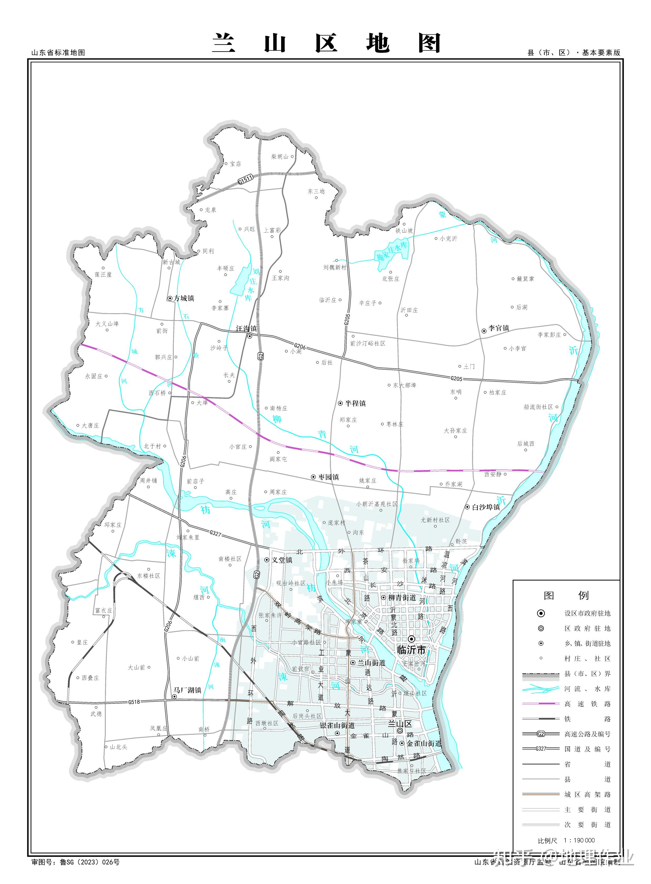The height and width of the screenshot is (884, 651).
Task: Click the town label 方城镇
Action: coord(184,299)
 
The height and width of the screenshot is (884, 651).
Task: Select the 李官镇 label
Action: coord(499,328)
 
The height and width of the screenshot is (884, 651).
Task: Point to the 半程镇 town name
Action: coord(355,403)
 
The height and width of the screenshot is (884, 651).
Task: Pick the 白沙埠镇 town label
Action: coord(486,507)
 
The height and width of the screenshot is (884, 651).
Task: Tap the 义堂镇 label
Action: coord(282,560)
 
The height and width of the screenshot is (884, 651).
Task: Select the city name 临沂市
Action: coord(411,650)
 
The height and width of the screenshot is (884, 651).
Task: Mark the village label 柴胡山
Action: coord(280,157)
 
